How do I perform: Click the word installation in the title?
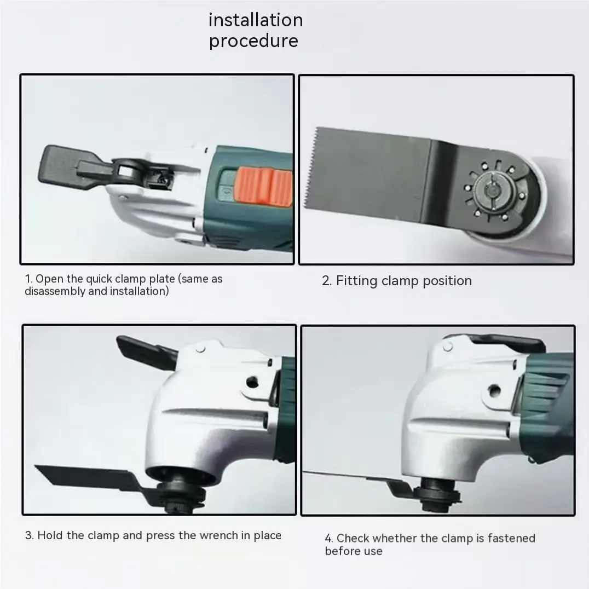click(x=256, y=20)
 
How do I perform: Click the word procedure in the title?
click(x=253, y=41)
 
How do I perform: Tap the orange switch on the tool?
click(x=264, y=186)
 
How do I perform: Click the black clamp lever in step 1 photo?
click(x=71, y=167)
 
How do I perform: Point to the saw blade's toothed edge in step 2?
click(x=310, y=168)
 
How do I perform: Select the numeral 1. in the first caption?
click(x=28, y=279)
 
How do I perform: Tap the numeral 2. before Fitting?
click(x=326, y=281)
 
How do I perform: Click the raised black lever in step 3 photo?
click(x=147, y=351)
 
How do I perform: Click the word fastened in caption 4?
click(x=511, y=538)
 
